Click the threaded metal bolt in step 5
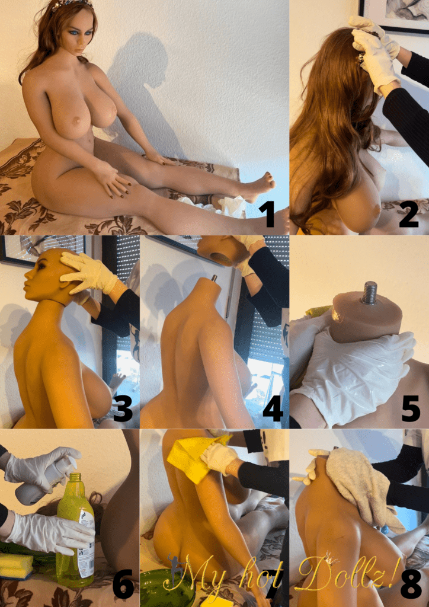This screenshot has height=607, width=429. coord(370,292)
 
